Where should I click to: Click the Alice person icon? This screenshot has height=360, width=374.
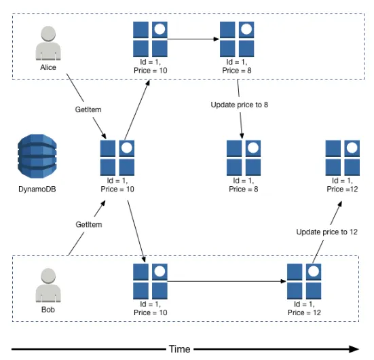[x=48, y=43]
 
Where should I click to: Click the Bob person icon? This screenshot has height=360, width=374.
[x=48, y=285]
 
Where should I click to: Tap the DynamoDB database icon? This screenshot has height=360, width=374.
[x=37, y=156]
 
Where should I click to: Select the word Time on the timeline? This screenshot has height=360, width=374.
[x=180, y=349]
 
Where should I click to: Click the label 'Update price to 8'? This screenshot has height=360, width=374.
[x=239, y=105]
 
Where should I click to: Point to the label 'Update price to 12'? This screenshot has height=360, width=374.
[x=326, y=232]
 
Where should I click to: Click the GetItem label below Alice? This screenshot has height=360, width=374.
[x=88, y=109]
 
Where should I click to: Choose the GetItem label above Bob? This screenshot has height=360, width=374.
[x=89, y=224]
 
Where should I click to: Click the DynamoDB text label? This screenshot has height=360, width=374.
[x=37, y=189]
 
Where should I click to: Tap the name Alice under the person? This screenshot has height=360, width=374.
[x=48, y=67]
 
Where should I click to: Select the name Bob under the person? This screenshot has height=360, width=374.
[x=48, y=310]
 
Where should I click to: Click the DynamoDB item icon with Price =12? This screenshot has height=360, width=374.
[x=343, y=158]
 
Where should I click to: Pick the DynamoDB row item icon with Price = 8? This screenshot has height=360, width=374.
[x=244, y=158]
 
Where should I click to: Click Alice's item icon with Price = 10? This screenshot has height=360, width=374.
[x=150, y=39]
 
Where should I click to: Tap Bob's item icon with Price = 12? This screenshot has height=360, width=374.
[x=304, y=281]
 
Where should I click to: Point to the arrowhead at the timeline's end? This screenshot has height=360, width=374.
[x=355, y=349]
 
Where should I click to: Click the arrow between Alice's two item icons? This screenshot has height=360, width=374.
[x=193, y=39]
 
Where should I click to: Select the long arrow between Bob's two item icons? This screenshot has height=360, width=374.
[x=227, y=281]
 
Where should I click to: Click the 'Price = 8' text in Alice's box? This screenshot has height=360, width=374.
[x=237, y=71]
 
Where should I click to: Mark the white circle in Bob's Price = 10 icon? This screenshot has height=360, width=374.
[x=160, y=272]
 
